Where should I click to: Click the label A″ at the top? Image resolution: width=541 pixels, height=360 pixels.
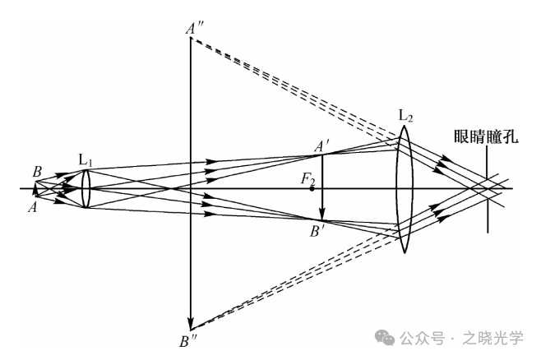tap(195, 28)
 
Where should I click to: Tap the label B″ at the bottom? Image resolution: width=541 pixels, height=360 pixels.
tap(188, 341)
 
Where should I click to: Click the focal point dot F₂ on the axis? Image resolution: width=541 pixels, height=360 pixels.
tap(312, 189)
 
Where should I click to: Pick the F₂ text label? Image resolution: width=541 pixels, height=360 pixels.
tap(308, 179)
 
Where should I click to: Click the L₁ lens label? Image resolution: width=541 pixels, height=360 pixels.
tap(86, 161)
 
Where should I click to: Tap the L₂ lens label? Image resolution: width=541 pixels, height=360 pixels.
tap(405, 116)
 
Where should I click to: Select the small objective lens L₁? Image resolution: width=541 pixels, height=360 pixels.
tap(86, 188)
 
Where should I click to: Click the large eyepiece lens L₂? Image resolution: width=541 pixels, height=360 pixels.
tap(405, 189)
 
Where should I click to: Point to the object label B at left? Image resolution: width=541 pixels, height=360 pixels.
tap(37, 172)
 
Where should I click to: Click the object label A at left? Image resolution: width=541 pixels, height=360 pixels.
tap(32, 207)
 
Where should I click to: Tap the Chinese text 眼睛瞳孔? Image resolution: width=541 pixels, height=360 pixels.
tap(486, 137)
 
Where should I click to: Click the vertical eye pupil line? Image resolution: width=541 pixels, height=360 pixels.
tap(488, 189)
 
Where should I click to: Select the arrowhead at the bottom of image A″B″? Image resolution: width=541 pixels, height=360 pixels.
tap(190, 324)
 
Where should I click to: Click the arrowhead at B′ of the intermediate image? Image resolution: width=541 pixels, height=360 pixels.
tap(322, 215)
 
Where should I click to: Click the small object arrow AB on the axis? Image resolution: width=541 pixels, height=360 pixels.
tap(35, 189)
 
